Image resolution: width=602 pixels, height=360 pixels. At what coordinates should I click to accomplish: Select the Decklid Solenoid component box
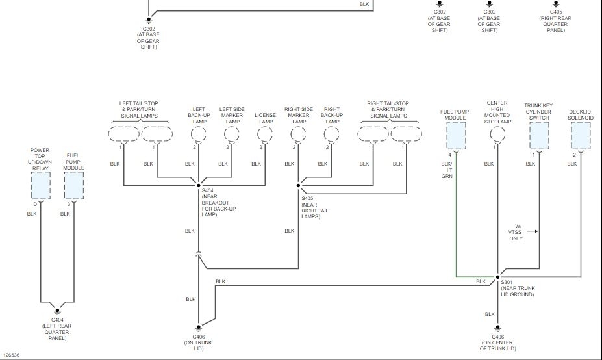coord(581,135)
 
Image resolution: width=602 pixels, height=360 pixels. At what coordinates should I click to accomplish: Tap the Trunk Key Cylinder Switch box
coord(539,135)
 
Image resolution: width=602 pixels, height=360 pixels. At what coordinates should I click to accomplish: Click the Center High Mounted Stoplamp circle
coord(497,135)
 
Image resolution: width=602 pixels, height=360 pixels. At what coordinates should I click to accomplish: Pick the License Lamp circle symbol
coord(265,135)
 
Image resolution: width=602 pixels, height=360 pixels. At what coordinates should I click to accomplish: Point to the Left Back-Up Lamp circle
coord(199,135)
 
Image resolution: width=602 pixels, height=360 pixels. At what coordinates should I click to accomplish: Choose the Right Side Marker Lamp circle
coord(298,135)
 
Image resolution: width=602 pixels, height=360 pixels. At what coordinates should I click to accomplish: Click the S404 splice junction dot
coord(199,185)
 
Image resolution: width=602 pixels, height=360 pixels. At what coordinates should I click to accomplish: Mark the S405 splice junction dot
coord(298,185)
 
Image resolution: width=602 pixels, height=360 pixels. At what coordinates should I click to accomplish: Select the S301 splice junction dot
coord(498,276)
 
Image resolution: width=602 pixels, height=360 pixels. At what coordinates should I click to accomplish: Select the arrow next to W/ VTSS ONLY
coord(533,231)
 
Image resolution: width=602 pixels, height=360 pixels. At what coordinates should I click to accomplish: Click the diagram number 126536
coord(11,355)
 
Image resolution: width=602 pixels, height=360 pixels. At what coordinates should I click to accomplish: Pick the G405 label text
coord(556,12)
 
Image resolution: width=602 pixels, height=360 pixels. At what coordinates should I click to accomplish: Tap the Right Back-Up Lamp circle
coord(332,135)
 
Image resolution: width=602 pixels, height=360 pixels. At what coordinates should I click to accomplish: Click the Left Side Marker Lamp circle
coord(232,135)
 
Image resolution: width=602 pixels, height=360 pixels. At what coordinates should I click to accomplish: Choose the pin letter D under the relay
coord(35,204)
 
